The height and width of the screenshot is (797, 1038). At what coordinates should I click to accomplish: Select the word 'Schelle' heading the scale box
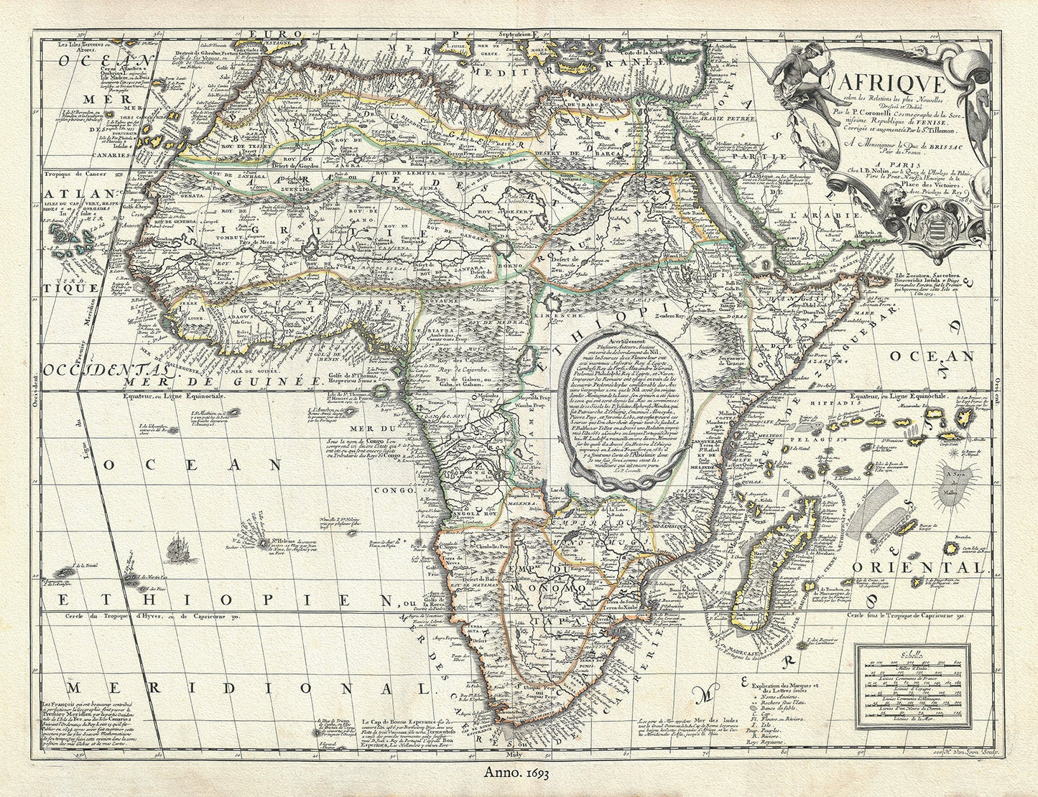pyautogui.click(x=908, y=654)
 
